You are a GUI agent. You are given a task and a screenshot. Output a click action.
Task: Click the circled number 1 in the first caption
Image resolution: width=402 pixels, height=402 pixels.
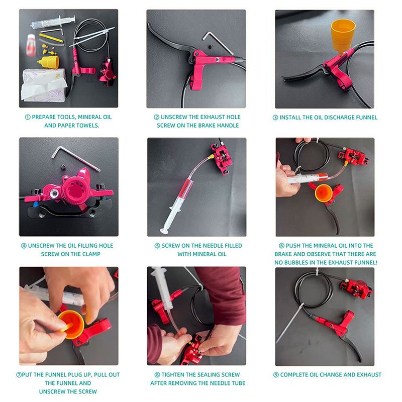28,117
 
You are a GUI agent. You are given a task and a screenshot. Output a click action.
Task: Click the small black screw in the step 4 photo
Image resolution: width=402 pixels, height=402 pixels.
64,167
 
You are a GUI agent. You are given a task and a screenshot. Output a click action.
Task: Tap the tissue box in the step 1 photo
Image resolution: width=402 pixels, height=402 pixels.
44,85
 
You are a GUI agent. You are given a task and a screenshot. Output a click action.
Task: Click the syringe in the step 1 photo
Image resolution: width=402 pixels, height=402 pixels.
53,22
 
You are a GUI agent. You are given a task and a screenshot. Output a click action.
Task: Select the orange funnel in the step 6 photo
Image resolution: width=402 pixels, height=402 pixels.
324,193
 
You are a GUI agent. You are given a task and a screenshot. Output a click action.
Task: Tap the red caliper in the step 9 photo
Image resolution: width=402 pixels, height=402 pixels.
356,288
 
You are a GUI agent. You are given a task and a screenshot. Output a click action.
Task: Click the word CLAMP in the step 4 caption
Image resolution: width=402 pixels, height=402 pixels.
91,254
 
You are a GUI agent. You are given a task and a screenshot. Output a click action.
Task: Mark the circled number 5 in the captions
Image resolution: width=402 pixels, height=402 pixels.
157,246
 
